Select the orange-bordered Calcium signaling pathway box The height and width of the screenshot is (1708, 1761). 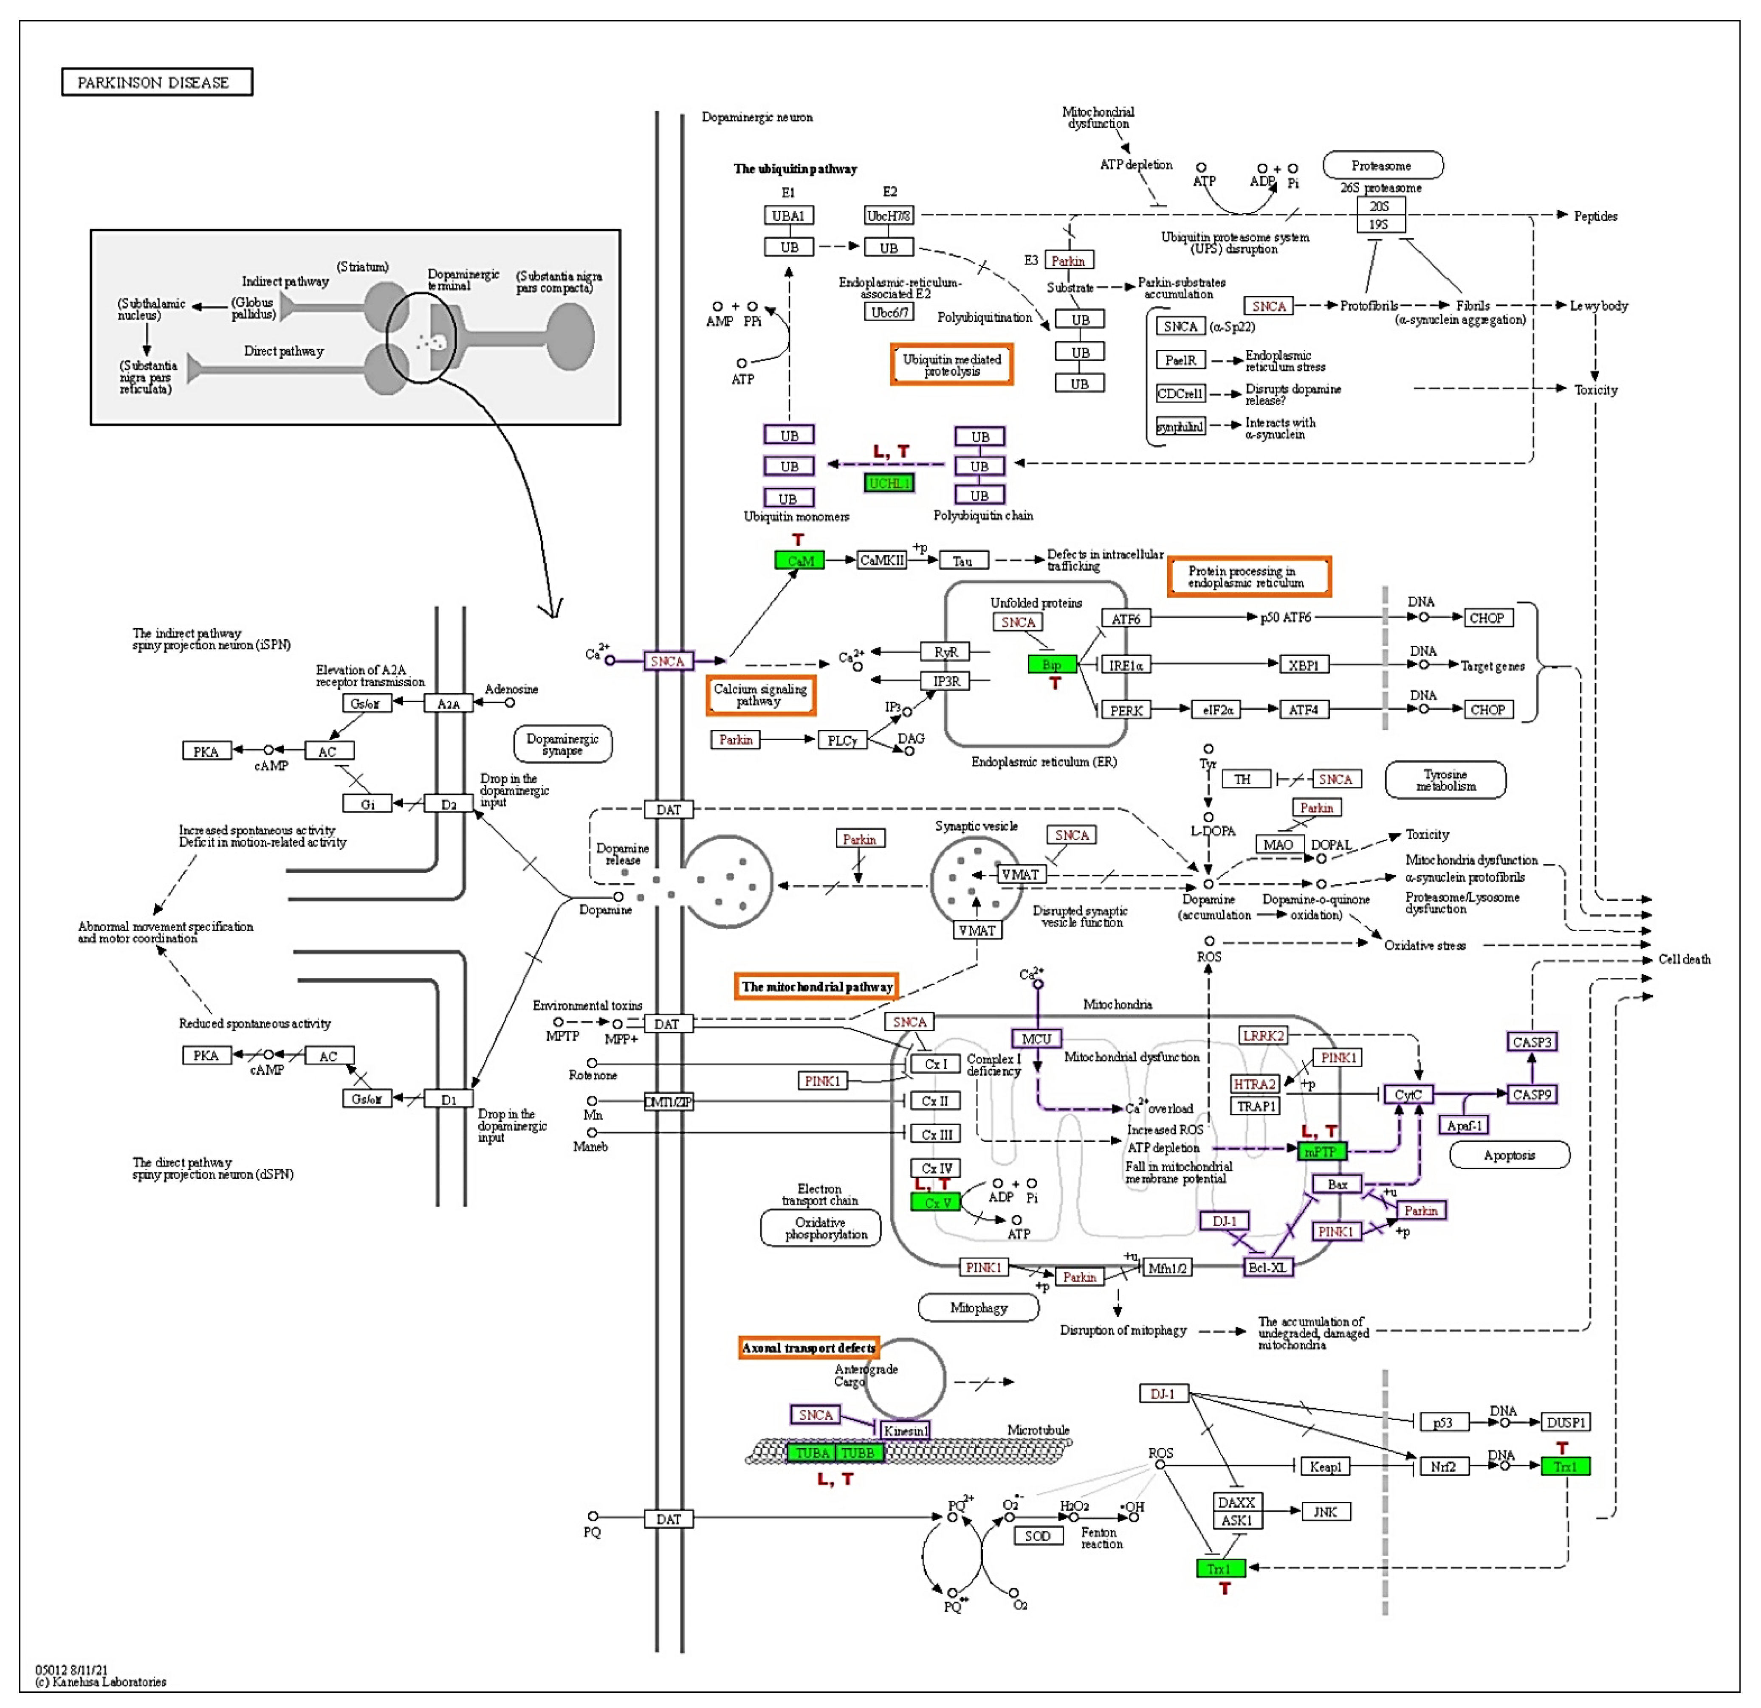pos(760,695)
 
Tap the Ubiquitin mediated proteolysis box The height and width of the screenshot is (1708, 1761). pos(951,365)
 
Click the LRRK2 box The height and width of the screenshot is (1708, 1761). pos(1262,1035)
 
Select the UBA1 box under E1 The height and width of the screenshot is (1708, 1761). pos(788,216)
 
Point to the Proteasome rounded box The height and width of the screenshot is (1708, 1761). pos(1382,165)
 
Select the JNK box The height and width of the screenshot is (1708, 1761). pos(1325,1512)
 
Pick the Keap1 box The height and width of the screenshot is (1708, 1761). pos(1325,1466)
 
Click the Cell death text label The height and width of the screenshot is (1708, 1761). pos(1684,959)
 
